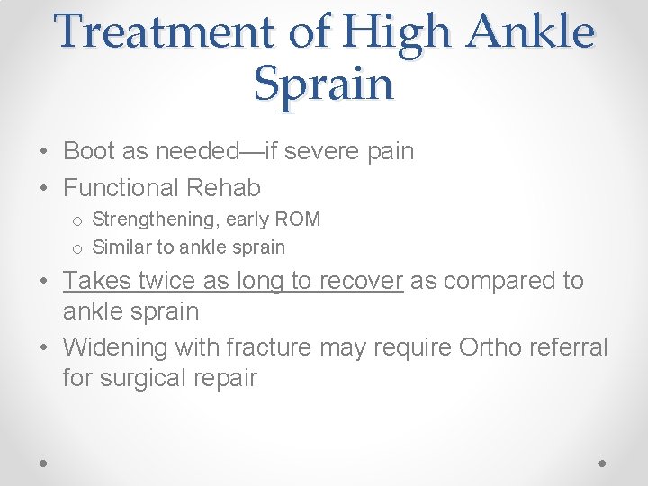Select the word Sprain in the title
tap(324, 84)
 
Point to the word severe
tap(316, 151)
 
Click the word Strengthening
tap(154, 220)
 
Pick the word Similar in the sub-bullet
tap(119, 247)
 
